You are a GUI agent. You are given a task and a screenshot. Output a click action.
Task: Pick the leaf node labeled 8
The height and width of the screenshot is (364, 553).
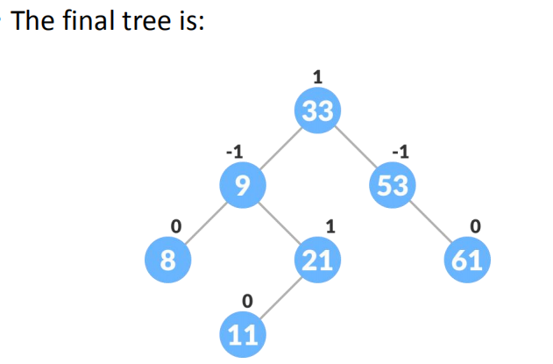pos(165,260)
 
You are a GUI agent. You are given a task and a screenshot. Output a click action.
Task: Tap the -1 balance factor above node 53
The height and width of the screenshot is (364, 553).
pos(399,152)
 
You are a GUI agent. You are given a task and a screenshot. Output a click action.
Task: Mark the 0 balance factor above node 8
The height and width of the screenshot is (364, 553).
pos(174,226)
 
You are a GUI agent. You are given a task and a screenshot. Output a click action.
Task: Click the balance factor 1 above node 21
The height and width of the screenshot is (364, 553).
pos(329,226)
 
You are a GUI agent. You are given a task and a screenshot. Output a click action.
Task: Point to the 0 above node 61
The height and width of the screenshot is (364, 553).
pos(475,226)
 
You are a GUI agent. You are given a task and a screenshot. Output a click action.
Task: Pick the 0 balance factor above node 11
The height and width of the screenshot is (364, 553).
pos(247,301)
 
